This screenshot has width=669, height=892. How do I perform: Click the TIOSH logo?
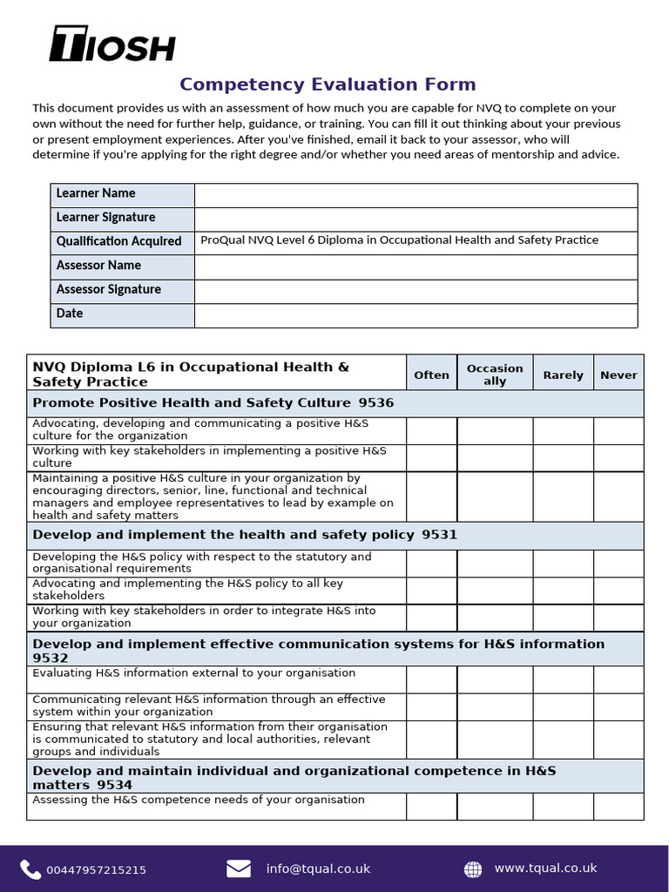[112, 44]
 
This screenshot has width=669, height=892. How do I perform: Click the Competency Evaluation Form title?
[328, 84]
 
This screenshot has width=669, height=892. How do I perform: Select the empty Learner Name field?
[416, 194]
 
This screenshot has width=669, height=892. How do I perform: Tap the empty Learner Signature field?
[416, 218]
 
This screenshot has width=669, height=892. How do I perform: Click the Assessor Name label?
[98, 266]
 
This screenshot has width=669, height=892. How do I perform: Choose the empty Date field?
[416, 314]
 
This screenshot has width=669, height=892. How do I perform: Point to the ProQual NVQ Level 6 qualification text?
[399, 240]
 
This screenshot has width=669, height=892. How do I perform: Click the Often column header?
[431, 375]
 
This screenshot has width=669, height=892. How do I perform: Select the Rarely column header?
[563, 375]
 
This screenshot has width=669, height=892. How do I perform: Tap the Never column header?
[618, 375]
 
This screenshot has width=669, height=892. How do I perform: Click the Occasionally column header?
[495, 375]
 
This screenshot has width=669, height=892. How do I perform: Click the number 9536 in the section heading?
[375, 402]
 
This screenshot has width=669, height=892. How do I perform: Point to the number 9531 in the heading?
[439, 535]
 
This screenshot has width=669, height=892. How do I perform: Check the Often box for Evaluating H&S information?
[431, 679]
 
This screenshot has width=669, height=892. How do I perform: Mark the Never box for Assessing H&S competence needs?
[618, 806]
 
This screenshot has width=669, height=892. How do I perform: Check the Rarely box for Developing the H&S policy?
[563, 563]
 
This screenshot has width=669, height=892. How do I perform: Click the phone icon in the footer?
[30, 868]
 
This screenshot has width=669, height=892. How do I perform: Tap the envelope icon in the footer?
[239, 868]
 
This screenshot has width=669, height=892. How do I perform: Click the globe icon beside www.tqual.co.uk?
[473, 868]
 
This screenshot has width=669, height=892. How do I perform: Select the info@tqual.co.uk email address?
[318, 868]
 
